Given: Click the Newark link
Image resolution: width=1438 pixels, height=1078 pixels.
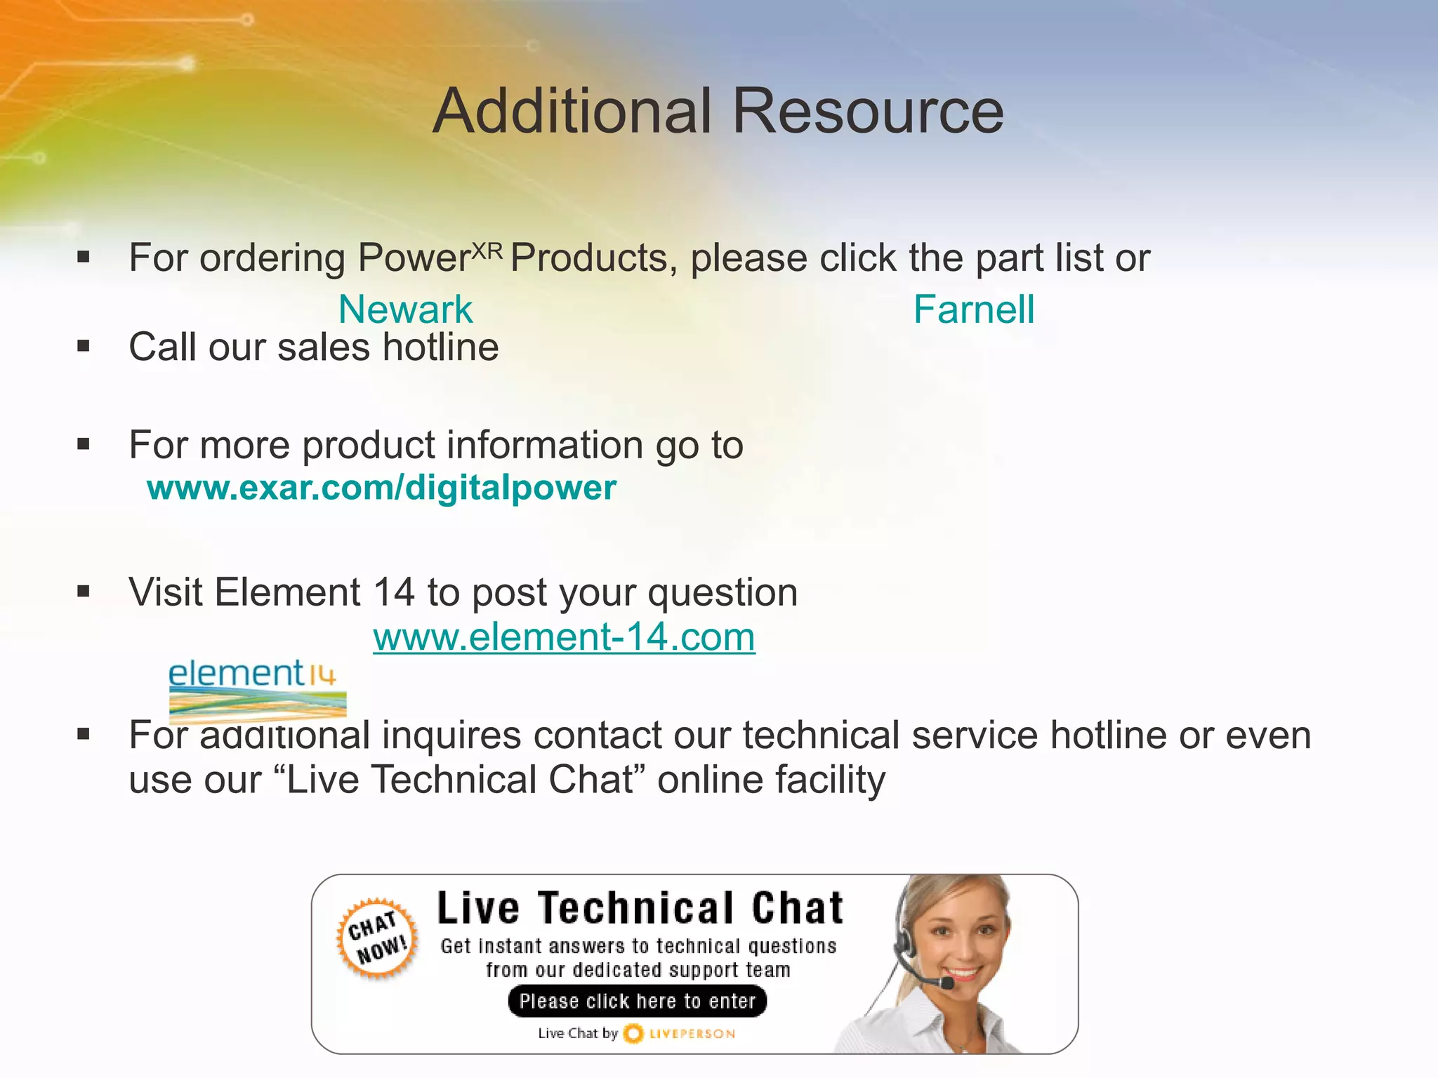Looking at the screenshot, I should coord(405,310).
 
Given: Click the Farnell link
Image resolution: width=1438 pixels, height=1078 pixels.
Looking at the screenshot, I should coord(973,310).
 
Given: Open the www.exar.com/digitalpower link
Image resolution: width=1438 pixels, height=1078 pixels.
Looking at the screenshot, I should coord(381,487).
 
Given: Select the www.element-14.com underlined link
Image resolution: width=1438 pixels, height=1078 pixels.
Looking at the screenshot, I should coord(564,637).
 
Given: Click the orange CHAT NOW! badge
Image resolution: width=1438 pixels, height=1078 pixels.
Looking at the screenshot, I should coord(378,938).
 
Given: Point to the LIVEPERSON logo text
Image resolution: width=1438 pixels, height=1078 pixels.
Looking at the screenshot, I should coord(692,1034).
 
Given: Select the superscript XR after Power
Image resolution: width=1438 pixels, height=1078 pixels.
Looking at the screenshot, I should coord(487,251).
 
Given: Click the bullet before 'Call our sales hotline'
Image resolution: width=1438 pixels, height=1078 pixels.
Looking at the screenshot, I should coord(84,346).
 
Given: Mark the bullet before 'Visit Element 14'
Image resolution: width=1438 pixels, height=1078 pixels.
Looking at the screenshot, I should coord(84,592).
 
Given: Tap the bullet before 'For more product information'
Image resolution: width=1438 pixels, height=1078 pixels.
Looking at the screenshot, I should coord(84,444).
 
